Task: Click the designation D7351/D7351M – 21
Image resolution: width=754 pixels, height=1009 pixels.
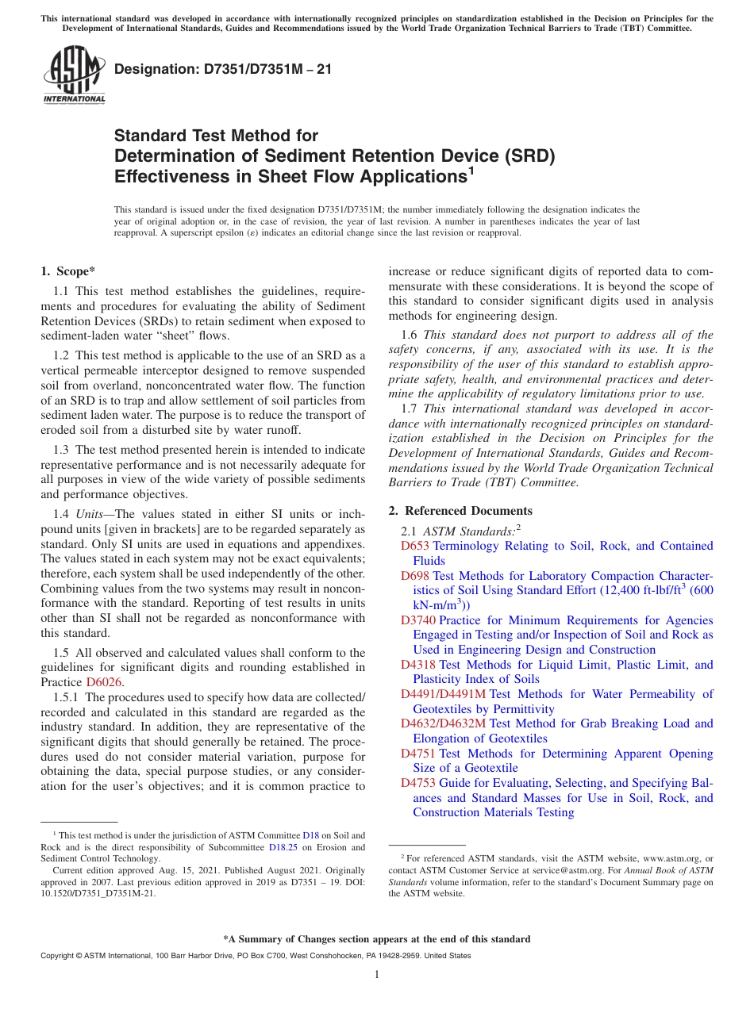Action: [223, 69]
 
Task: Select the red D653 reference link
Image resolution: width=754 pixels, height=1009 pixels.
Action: [414, 546]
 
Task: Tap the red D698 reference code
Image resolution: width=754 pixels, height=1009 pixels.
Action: [414, 576]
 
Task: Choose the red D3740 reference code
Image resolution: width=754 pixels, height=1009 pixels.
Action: [418, 620]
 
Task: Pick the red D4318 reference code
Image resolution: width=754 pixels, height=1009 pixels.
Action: [418, 665]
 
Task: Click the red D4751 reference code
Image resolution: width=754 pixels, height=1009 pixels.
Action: [418, 754]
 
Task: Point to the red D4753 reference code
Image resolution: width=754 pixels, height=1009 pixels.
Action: [418, 783]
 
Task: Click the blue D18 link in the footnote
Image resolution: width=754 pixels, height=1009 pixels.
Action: [311, 835]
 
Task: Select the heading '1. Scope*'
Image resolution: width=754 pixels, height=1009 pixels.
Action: [68, 271]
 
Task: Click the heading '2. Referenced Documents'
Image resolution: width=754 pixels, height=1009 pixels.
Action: [460, 511]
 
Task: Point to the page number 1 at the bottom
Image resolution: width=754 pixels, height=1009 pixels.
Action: [377, 975]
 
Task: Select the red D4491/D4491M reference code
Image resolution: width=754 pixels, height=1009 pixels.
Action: [443, 694]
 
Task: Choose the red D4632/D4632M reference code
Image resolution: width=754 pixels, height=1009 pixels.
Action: [443, 723]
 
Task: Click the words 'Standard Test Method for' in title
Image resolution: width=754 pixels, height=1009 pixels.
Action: [216, 136]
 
